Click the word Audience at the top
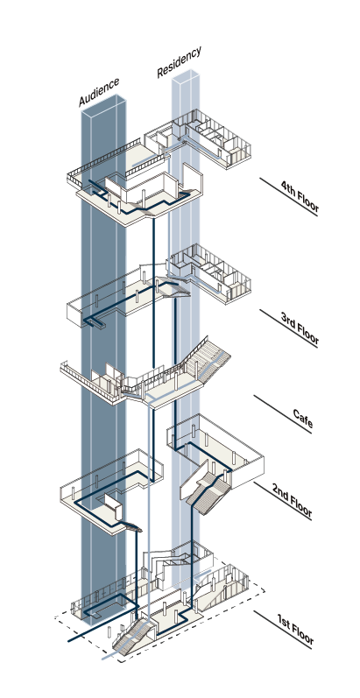pyautogui.click(x=99, y=92)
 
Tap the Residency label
pyautogui.click(x=180, y=62)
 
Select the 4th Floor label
pyautogui.click(x=300, y=196)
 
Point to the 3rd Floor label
pyautogui.click(x=300, y=329)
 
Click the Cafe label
pyautogui.click(x=303, y=420)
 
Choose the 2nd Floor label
pyautogui.click(x=292, y=502)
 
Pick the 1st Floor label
pyautogui.click(x=295, y=630)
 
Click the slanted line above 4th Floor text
pyautogui.click(x=288, y=197)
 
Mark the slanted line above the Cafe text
pyautogui.click(x=283, y=414)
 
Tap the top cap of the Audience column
pyautogui.click(x=103, y=104)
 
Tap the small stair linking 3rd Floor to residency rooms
pyautogui.click(x=173, y=287)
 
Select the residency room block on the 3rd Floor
pyautogui.click(x=210, y=272)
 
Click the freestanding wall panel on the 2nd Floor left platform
pyautogui.click(x=113, y=506)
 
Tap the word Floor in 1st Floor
pyautogui.click(x=302, y=634)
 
